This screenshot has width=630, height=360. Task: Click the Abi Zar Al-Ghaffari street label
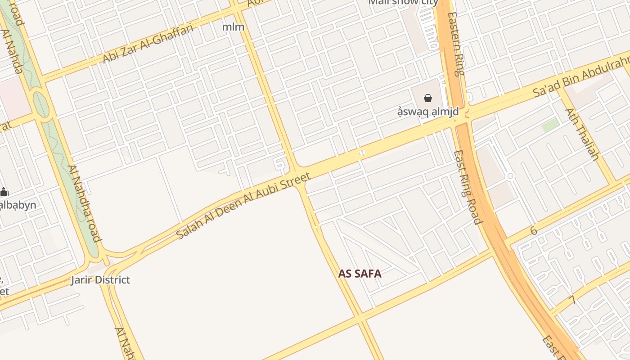coord(148,44)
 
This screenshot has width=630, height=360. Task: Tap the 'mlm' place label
coord(233,27)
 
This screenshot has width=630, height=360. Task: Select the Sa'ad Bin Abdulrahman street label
coord(580,77)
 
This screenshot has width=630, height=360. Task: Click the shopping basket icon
coord(427,98)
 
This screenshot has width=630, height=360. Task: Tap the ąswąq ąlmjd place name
coord(427,112)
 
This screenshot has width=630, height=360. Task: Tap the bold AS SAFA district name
coord(360,274)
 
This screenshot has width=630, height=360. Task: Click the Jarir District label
coord(100,280)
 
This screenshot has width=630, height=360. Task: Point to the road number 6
coord(534,231)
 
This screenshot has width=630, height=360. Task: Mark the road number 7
coord(572,300)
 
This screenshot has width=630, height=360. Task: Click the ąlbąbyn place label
coord(17,205)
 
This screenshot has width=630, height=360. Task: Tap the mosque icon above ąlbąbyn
coord(4,192)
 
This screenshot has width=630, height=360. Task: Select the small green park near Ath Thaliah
coord(550,125)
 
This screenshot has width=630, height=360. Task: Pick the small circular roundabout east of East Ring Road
coord(510,175)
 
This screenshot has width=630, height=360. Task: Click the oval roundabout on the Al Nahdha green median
coord(41,103)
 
